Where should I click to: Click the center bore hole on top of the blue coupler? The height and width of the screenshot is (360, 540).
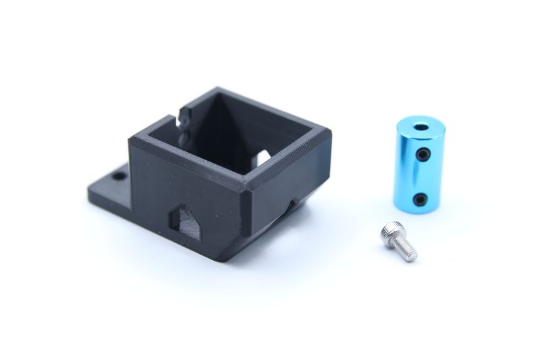(420, 126)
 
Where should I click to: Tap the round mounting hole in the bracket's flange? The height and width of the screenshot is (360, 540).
(119, 176)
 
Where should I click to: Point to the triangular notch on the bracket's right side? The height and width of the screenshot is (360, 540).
(294, 203)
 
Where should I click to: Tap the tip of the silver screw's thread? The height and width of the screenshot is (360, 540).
(413, 257)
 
